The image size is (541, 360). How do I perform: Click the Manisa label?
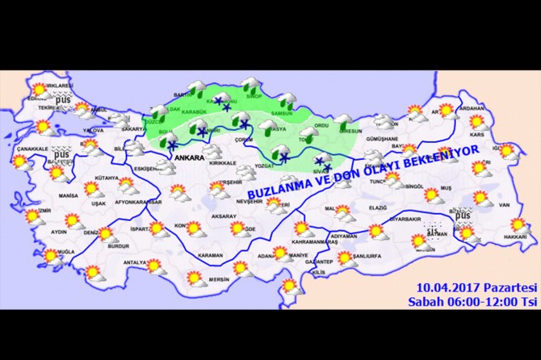[68, 196]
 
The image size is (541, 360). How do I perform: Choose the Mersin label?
[219, 280]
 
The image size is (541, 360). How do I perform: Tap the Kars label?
[477, 134]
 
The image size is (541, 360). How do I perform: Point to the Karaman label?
[209, 256]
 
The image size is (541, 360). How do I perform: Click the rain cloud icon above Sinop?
[249, 83]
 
